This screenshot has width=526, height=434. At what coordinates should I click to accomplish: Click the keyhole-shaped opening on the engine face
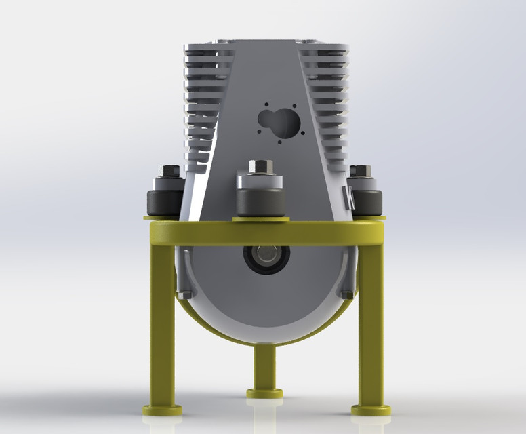pyautogui.click(x=279, y=123)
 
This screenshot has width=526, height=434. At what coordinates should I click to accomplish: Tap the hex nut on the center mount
pyautogui.click(x=260, y=167)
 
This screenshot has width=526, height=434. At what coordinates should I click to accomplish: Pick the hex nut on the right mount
pyautogui.click(x=361, y=172)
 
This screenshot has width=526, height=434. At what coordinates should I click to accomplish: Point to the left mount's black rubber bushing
pyautogui.click(x=163, y=203)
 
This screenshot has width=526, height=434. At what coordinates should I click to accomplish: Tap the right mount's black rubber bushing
pyautogui.click(x=365, y=203)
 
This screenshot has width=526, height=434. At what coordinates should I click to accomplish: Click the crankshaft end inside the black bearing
pyautogui.click(x=266, y=258)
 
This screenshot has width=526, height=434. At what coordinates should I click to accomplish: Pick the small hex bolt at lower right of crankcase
pyautogui.click(x=347, y=294)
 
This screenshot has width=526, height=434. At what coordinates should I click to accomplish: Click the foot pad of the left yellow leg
pyautogui.click(x=162, y=410)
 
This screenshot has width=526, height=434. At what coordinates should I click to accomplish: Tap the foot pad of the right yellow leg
pyautogui.click(x=371, y=410)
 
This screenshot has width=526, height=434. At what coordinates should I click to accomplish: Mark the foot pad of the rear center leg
pyautogui.click(x=264, y=393)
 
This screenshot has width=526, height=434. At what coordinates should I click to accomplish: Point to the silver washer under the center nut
pyautogui.click(x=260, y=180)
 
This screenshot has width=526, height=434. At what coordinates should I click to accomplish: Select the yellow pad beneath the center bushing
pyautogui.click(x=260, y=218)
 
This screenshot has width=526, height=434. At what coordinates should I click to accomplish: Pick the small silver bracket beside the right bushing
pyautogui.click(x=350, y=197)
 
